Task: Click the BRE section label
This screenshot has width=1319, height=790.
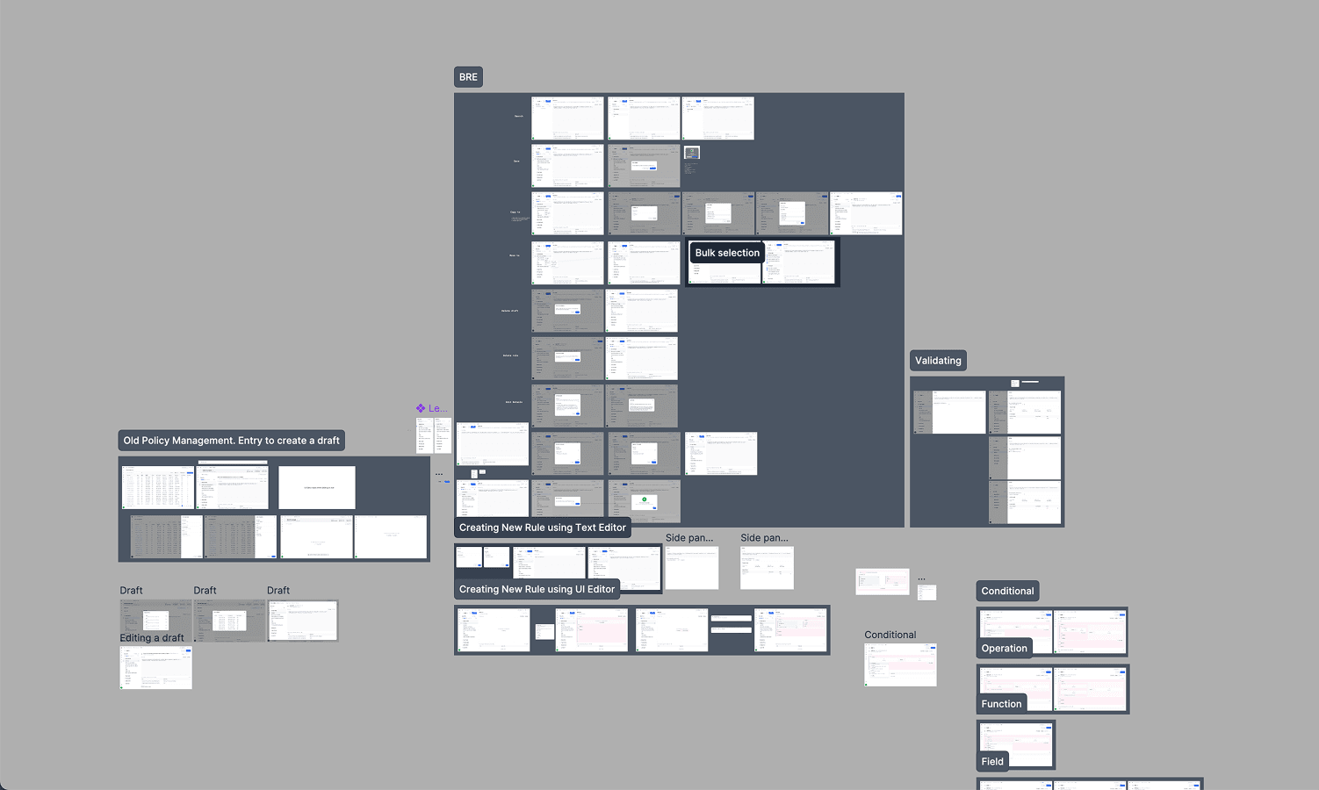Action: pyautogui.click(x=468, y=77)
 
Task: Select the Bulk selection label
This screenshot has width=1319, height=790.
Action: pyautogui.click(x=726, y=253)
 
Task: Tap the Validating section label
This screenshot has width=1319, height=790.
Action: pyautogui.click(x=938, y=361)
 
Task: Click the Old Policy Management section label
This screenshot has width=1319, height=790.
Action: pyautogui.click(x=231, y=441)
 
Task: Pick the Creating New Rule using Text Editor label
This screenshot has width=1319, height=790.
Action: pyautogui.click(x=542, y=528)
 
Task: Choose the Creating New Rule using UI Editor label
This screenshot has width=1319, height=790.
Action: pyautogui.click(x=537, y=589)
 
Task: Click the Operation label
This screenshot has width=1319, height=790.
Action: pyautogui.click(x=1004, y=649)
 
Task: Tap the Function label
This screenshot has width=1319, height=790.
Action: pyautogui.click(x=1001, y=704)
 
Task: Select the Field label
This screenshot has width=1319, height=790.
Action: pyautogui.click(x=992, y=762)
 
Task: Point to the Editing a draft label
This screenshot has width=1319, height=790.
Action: pyautogui.click(x=152, y=638)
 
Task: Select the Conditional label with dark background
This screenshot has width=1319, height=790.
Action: pyautogui.click(x=1007, y=592)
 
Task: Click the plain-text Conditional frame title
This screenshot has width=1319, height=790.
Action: pyautogui.click(x=890, y=635)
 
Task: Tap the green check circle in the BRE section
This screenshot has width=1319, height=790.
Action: pyautogui.click(x=645, y=500)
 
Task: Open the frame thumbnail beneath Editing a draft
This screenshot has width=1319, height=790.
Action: pyautogui.click(x=155, y=668)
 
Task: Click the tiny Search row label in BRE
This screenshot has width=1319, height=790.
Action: pyautogui.click(x=518, y=116)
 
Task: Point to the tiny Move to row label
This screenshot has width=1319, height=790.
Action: pyautogui.click(x=514, y=255)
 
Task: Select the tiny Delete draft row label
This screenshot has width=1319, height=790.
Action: pyautogui.click(x=509, y=311)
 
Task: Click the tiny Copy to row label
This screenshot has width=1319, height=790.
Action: pyautogui.click(x=515, y=212)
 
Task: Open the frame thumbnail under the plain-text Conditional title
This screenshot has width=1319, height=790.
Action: pyautogui.click(x=900, y=664)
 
